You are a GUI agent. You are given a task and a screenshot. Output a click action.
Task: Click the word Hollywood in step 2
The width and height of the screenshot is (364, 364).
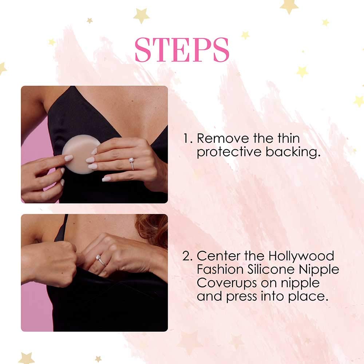tap(301, 256)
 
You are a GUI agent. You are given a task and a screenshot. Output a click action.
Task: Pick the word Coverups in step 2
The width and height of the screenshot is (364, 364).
tap(226, 283)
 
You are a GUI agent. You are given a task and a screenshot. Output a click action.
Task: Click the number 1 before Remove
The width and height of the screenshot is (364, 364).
tap(186, 138)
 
